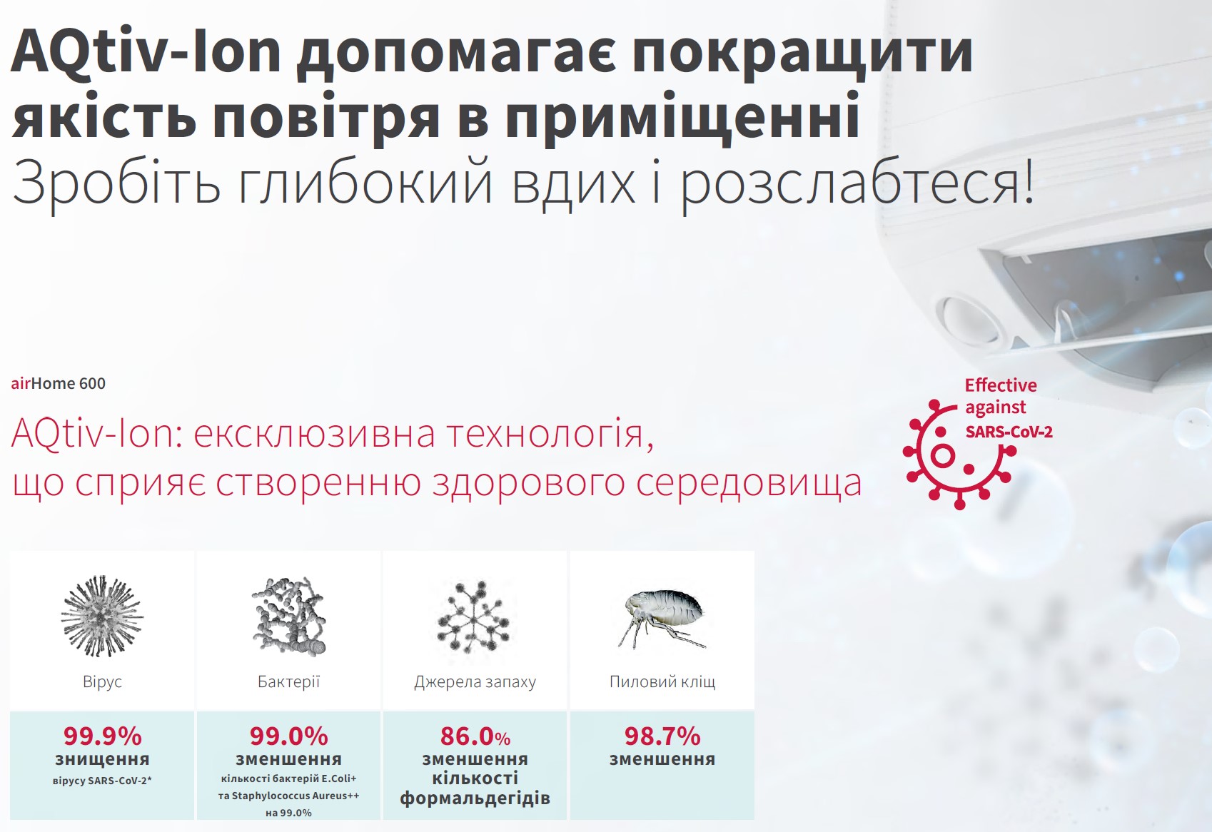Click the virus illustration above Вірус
point(102,616)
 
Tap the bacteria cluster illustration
point(289,616)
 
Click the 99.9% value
point(102,736)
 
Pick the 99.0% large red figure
point(289,736)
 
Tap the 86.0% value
point(475,736)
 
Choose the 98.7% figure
point(662,736)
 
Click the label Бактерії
point(289,681)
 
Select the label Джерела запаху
point(475,682)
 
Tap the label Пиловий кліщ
point(662,681)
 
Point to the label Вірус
point(102,681)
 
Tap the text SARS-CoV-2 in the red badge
point(1009,432)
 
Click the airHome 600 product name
point(59,384)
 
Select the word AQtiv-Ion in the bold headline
point(146,53)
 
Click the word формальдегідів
point(475,798)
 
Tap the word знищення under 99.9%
point(102,759)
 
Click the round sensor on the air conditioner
point(969,318)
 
